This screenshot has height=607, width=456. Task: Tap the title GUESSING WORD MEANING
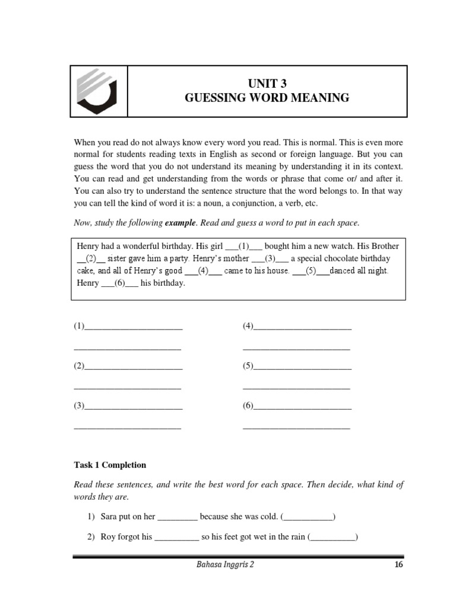coord(267,98)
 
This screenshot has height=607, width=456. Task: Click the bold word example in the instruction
coord(180,223)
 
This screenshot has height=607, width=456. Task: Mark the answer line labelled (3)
coord(134,407)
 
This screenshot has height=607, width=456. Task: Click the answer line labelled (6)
coord(302,407)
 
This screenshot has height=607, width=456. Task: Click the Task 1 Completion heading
coord(110,465)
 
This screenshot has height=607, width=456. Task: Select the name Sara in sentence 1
coord(109,517)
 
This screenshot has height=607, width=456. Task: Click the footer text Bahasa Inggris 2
coord(224,565)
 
